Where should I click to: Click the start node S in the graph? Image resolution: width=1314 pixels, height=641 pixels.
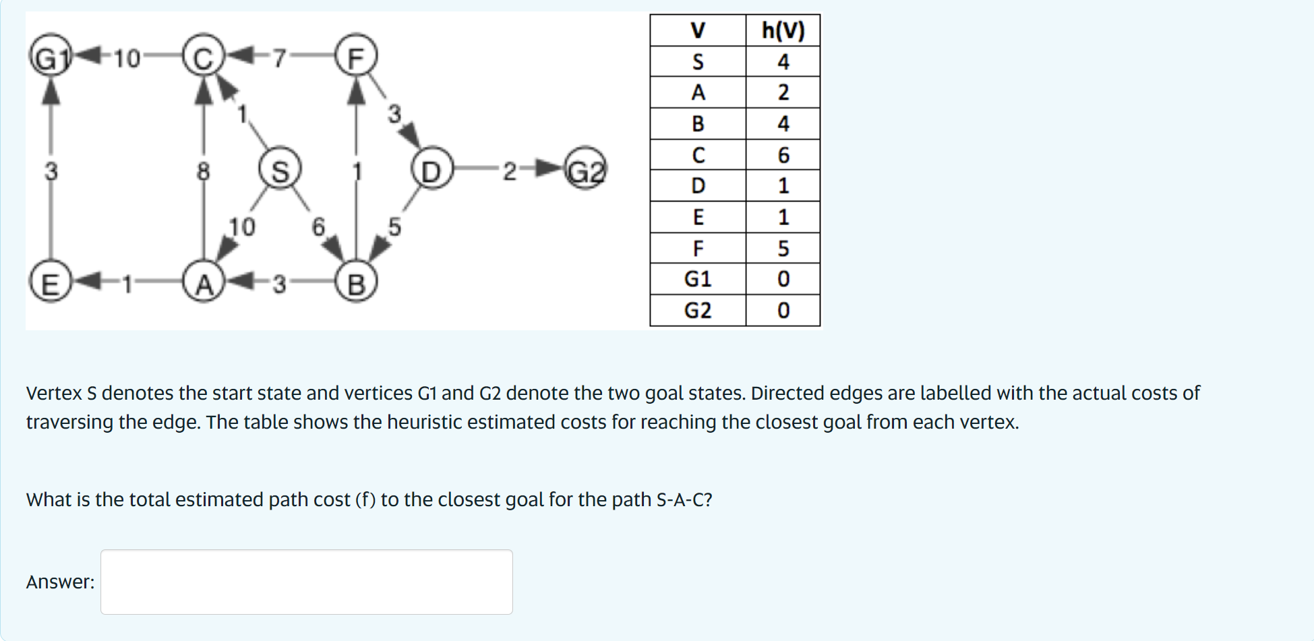[x=280, y=170]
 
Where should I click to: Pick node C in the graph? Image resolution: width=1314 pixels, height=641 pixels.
[x=204, y=57]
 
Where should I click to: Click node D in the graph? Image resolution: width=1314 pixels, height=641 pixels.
[x=431, y=170]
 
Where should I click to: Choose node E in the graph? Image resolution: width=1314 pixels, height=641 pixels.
[x=50, y=283]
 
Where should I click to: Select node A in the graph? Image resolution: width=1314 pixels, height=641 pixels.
[x=204, y=283]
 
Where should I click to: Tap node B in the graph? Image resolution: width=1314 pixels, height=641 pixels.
[x=356, y=283]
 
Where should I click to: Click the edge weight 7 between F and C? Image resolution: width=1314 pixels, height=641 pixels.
[x=279, y=59]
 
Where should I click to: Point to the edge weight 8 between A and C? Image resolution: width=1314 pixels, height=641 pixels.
[x=204, y=171]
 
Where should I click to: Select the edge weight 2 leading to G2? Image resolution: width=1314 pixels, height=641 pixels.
[x=510, y=171]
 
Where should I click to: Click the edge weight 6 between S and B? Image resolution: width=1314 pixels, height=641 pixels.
[x=318, y=226]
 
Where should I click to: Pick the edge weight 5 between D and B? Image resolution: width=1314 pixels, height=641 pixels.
[x=394, y=226]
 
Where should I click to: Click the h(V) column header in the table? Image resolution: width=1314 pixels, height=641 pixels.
[x=783, y=30]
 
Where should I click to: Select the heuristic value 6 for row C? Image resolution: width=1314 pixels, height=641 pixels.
[x=783, y=155]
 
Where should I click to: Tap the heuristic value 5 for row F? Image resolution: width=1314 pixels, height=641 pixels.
[x=783, y=249]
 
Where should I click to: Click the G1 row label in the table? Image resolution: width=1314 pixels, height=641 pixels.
[x=698, y=279]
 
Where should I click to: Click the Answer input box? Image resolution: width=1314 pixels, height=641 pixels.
[x=307, y=582]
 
